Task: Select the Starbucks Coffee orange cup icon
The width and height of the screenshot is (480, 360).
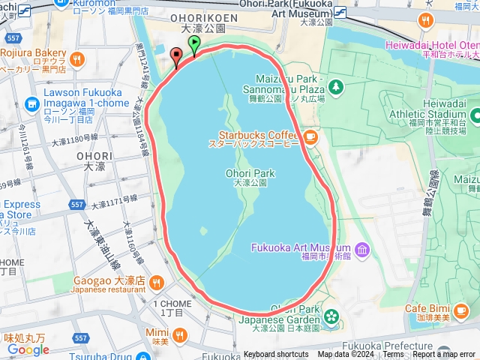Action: (x=310, y=138)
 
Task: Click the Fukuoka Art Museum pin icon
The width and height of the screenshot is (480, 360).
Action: (x=362, y=248)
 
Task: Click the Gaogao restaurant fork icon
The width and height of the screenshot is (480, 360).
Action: (x=156, y=282)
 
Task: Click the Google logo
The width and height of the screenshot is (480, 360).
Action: (x=28, y=349)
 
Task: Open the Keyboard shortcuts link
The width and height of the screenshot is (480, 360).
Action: (x=275, y=355)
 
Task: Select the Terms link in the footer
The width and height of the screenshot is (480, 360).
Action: (x=393, y=355)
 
